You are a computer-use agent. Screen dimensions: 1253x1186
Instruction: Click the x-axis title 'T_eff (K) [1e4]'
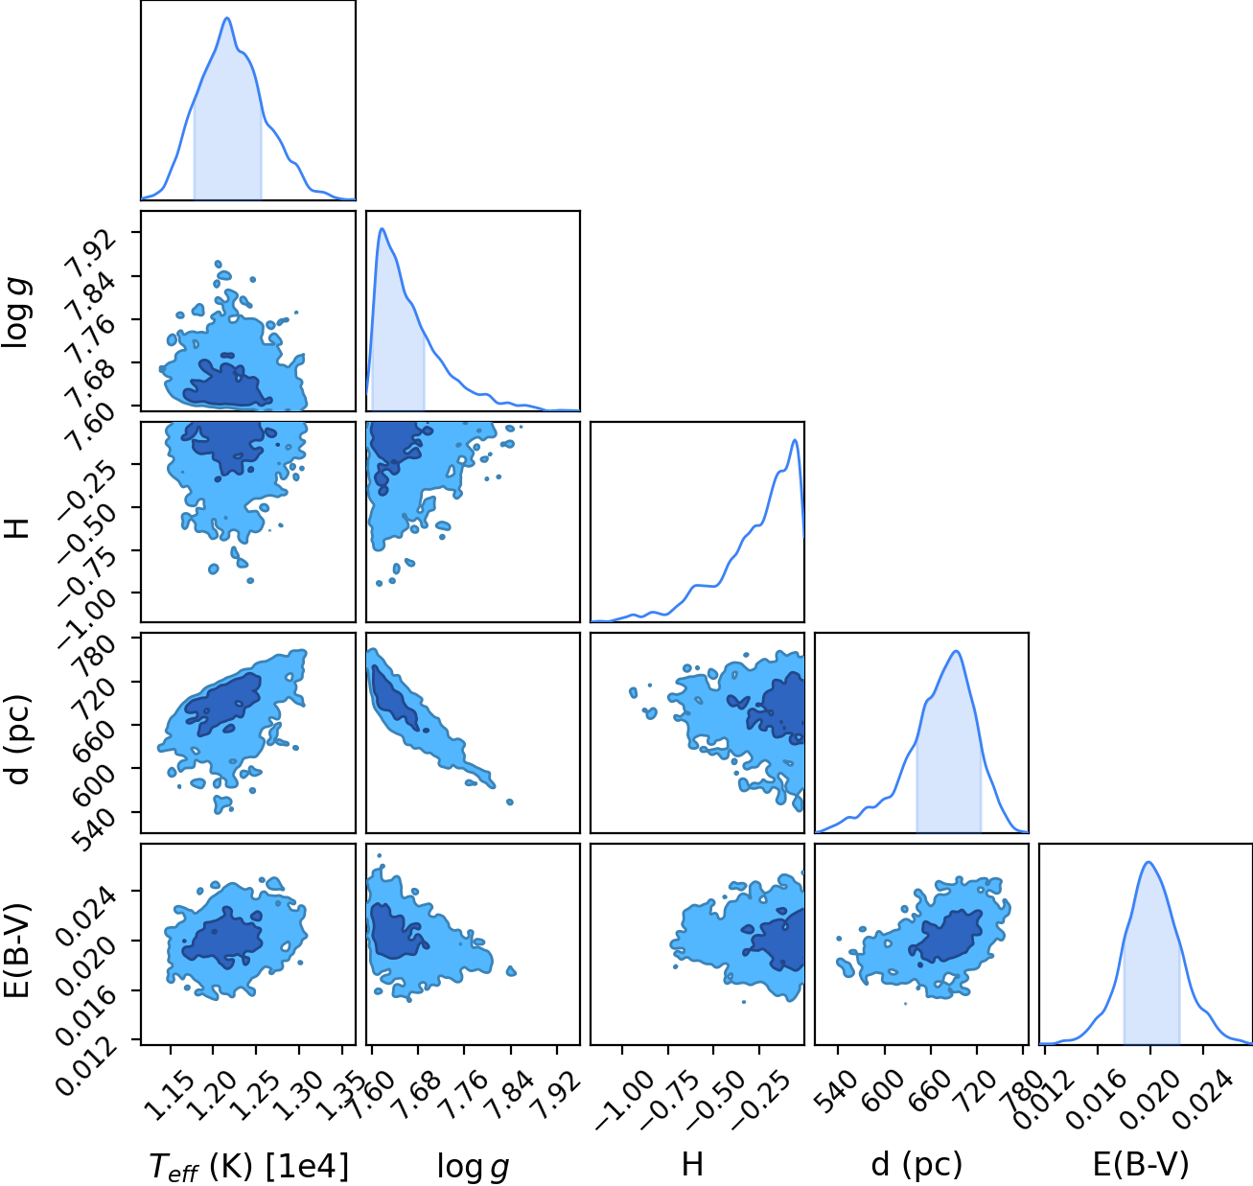point(248,1165)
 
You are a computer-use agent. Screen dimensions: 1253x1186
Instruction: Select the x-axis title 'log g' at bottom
point(473,1167)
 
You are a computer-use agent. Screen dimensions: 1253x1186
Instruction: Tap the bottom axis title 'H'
point(692,1164)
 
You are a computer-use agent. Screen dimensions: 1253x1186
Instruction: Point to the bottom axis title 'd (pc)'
point(917,1165)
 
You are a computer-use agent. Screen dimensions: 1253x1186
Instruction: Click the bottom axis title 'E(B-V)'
point(1141,1164)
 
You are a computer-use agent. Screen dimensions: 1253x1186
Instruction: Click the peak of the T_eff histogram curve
point(227,18)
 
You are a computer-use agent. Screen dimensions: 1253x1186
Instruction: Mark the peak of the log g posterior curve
point(382,228)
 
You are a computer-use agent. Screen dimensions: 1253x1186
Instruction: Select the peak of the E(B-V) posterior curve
point(1149,862)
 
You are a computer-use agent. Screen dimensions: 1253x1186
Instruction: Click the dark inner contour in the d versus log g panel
point(395,699)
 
